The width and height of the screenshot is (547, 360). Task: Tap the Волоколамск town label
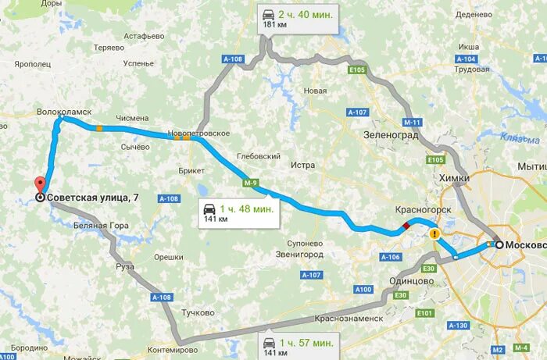tap(65, 112)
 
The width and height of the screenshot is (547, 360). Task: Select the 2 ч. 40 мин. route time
tap(309, 13)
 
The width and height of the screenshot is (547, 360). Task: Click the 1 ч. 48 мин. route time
tap(245, 209)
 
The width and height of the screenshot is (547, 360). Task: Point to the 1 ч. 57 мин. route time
tap(309, 343)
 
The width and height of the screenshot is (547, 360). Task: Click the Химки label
tap(455, 178)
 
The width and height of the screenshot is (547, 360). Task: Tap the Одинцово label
tap(410, 281)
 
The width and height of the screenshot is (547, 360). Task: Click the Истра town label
tap(302, 166)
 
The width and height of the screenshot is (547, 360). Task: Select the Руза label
tap(125, 266)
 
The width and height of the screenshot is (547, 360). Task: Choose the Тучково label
tap(197, 312)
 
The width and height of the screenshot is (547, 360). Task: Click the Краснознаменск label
tap(349, 319)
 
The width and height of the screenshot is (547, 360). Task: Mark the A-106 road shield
tap(390, 257)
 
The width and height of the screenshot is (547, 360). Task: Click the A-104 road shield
tap(466, 59)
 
